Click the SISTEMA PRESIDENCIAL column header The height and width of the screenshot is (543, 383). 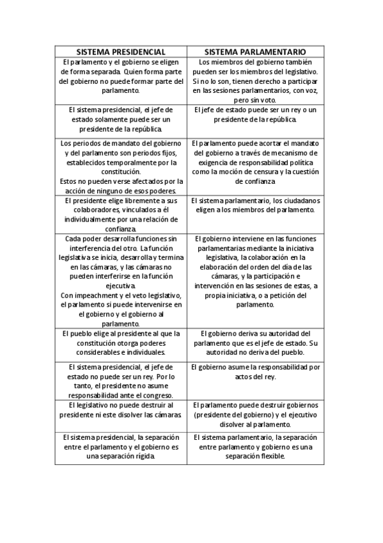click(x=121, y=51)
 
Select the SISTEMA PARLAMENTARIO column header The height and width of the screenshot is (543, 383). click(x=254, y=51)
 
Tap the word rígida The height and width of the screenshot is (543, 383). click(x=141, y=457)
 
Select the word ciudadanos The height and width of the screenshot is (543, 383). click(x=302, y=200)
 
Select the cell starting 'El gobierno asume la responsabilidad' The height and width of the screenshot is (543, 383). click(x=254, y=372)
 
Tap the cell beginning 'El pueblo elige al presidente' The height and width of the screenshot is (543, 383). click(x=121, y=343)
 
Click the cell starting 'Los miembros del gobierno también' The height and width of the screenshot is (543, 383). click(x=254, y=81)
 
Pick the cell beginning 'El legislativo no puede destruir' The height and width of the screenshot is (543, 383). click(x=121, y=410)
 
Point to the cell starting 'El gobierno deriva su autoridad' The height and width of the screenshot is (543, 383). click(x=254, y=343)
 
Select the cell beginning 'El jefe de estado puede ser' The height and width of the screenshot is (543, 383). click(x=254, y=114)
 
